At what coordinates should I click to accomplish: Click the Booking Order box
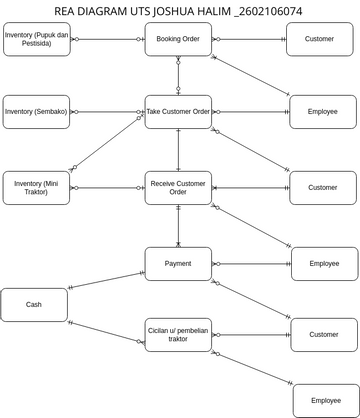[178, 39]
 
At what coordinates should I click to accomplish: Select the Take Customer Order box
[178, 111]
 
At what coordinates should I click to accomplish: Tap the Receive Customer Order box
[178, 187]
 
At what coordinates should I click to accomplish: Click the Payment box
[178, 264]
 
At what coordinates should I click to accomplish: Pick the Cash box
[34, 304]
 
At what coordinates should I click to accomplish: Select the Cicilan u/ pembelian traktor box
[178, 334]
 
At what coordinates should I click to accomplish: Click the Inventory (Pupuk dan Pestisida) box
[36, 39]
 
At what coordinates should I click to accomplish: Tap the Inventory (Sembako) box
[36, 111]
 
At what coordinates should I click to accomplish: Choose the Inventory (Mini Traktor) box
[36, 187]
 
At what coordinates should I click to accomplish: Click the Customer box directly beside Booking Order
[319, 39]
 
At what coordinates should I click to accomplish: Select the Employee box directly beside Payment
[324, 264]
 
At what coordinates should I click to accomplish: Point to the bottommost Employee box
[325, 400]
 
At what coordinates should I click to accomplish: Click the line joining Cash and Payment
[106, 279]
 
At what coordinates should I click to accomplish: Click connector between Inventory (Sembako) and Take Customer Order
[107, 111]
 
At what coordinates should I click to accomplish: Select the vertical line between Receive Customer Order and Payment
[178, 226]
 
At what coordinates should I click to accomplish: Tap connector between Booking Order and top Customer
[249, 39]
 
